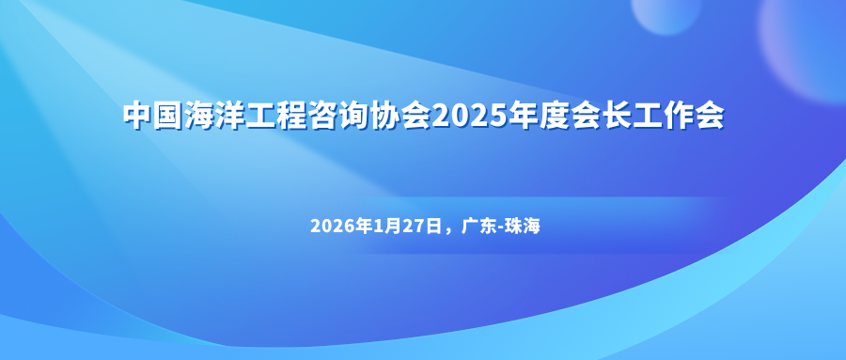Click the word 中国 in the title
[x=153, y=115]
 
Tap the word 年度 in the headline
[x=535, y=115]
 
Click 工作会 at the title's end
[x=676, y=115]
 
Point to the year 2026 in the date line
[x=334, y=227]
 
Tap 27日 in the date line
[x=422, y=227]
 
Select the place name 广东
[x=478, y=227]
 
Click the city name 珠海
[x=524, y=227]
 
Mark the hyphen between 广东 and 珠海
[x=501, y=228]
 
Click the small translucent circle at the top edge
[x=666, y=14]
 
